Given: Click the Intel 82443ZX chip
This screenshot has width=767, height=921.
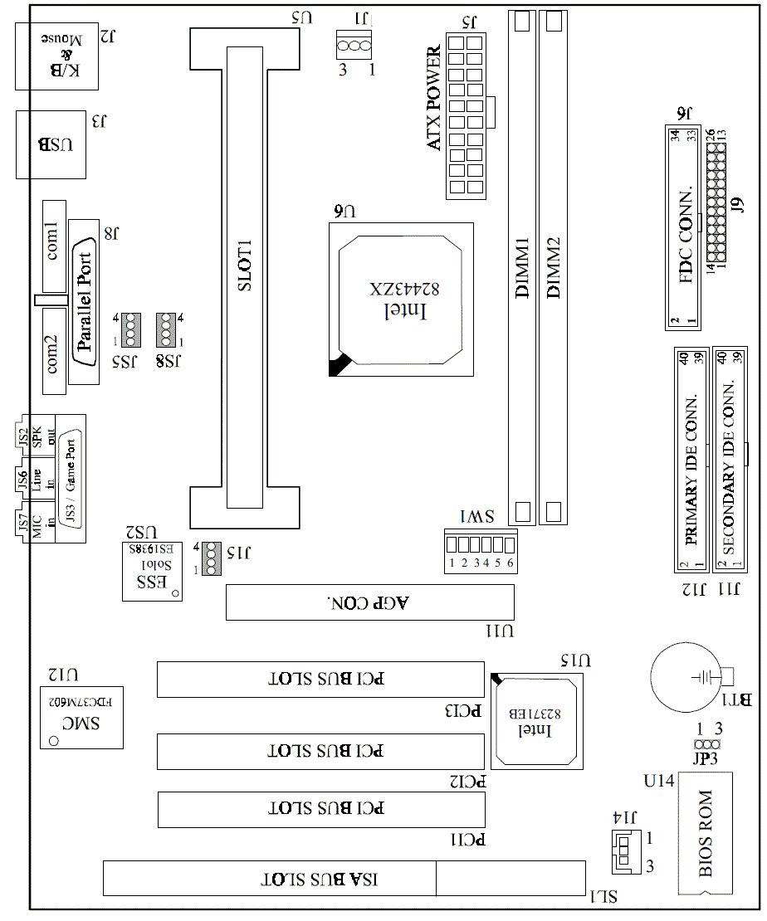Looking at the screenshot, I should [x=401, y=298].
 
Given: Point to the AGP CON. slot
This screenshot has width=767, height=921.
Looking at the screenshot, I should [x=370, y=602].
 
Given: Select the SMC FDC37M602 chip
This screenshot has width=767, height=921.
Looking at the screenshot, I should [x=81, y=716].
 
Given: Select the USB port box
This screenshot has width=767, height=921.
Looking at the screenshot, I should [x=51, y=144].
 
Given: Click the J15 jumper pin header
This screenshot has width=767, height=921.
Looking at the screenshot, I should [x=211, y=558].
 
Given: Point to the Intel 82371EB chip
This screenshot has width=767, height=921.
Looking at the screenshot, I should [x=535, y=719].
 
